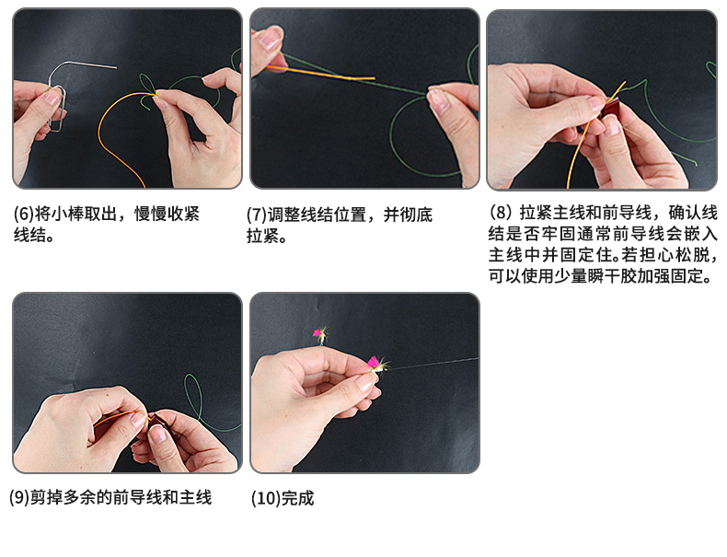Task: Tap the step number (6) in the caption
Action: pos(23,215)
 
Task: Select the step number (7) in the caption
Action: pos(257,215)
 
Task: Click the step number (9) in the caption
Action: pos(19,498)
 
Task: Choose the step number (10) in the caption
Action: pos(266,499)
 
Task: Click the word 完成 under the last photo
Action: pos(297,499)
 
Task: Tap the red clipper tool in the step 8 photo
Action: pos(611,110)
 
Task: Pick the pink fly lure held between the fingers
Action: pos(376,364)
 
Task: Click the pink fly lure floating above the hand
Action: pos(320,334)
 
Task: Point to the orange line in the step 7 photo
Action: pos(321,73)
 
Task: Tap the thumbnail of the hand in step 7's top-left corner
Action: pos(268,51)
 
